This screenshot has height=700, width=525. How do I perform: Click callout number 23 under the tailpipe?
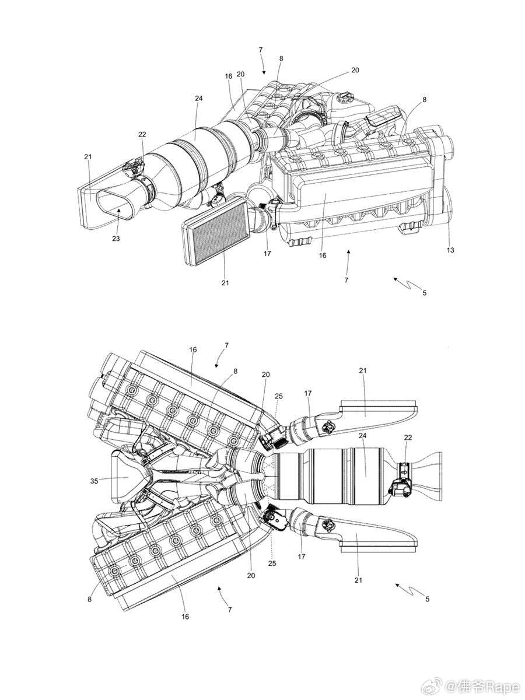point(116,238)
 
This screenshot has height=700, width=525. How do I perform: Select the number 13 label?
point(450,250)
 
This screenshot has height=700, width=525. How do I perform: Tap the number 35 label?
point(94,481)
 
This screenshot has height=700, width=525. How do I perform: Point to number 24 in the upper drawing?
point(198,98)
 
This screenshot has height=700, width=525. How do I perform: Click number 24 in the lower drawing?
point(362,436)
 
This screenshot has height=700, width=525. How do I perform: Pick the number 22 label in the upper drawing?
point(142,134)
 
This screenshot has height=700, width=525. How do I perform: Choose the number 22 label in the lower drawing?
point(408,437)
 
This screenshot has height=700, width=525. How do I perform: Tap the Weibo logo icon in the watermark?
point(433,678)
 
